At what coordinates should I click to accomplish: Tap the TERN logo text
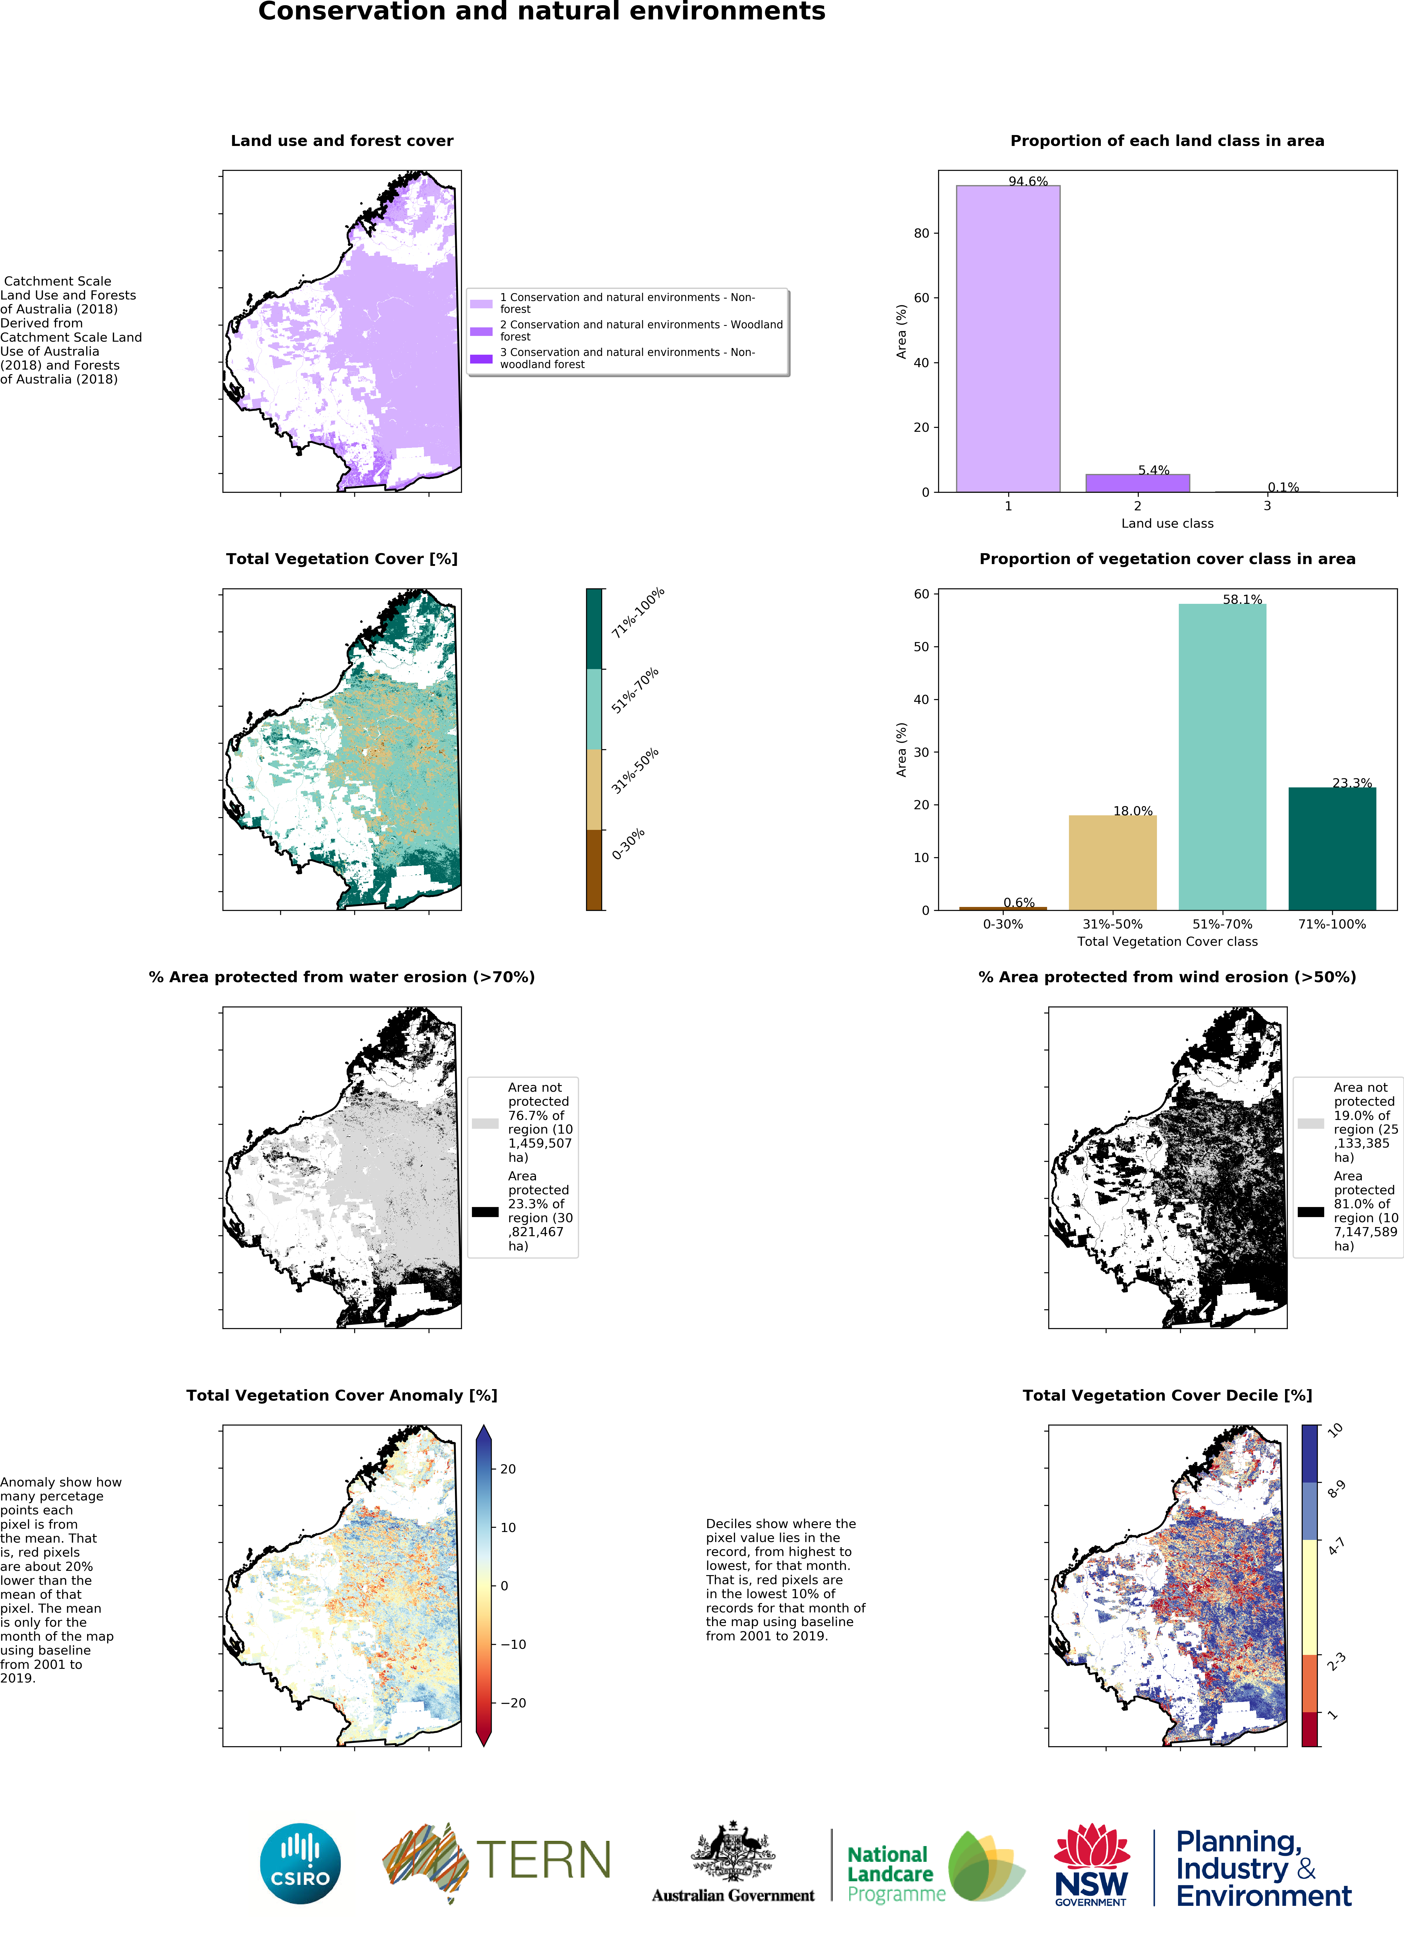click(544, 1860)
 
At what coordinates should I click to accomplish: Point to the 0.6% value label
click(1019, 902)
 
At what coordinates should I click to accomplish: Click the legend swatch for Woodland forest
click(481, 331)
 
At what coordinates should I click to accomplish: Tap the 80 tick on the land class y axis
click(921, 233)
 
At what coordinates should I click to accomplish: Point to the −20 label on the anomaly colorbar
click(513, 1702)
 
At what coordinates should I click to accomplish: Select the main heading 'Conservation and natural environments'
click(542, 12)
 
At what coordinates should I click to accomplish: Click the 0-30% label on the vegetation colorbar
click(628, 844)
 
